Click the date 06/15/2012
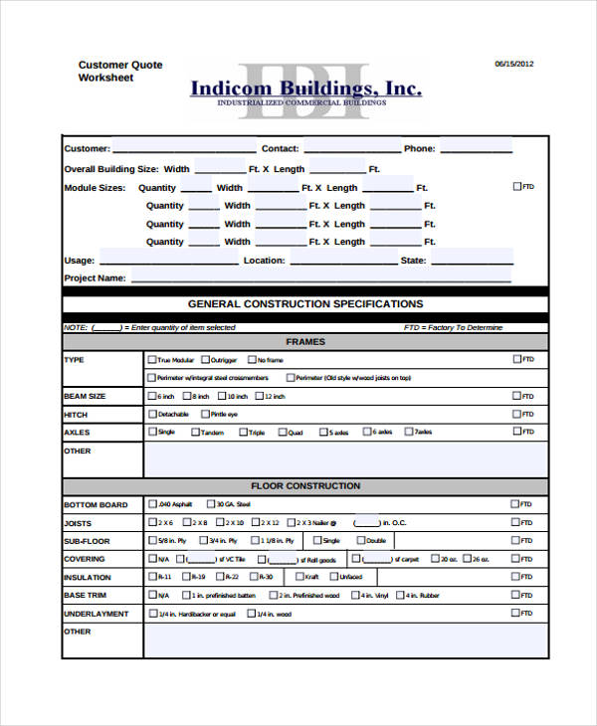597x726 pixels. [x=514, y=64]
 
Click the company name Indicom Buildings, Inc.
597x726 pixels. [x=305, y=89]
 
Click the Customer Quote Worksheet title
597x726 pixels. [x=120, y=71]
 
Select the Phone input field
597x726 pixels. [x=476, y=148]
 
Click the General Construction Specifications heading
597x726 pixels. [x=305, y=304]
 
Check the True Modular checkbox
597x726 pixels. [x=152, y=360]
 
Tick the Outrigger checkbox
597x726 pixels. [x=205, y=360]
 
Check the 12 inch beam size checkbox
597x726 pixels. [x=258, y=396]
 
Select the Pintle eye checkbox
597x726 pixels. [x=205, y=414]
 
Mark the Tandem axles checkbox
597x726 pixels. [x=195, y=432]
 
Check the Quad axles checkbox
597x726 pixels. [x=283, y=432]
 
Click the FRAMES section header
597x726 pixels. [x=305, y=342]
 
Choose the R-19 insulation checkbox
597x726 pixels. [x=186, y=577]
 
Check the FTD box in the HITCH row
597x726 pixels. [x=516, y=414]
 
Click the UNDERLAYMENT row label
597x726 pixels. [x=97, y=614]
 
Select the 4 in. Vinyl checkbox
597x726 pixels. [x=355, y=595]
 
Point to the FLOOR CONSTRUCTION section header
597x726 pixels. [x=305, y=486]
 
